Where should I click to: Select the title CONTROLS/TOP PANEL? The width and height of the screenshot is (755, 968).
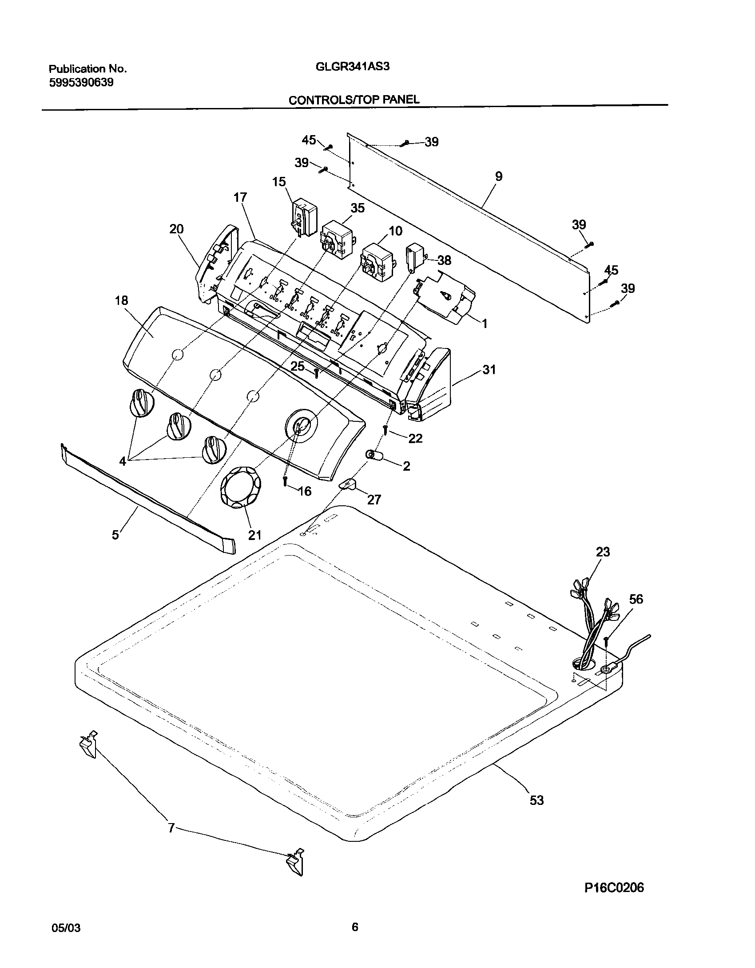(x=354, y=100)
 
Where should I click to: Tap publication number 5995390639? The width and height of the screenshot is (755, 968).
(x=81, y=83)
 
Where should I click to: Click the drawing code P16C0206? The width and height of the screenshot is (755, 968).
(x=614, y=888)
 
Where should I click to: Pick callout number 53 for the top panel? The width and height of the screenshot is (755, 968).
(x=536, y=800)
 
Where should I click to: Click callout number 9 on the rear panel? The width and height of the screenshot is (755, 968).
(x=498, y=176)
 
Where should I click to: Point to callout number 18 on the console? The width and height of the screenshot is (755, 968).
(x=121, y=300)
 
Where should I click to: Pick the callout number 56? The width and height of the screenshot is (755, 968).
(x=636, y=599)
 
